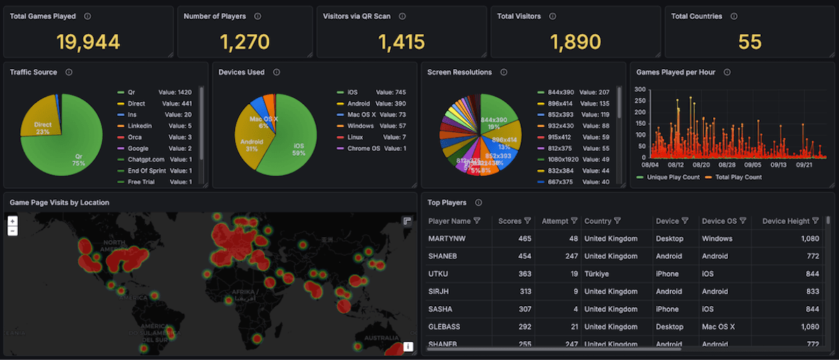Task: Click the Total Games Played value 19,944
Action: (x=88, y=42)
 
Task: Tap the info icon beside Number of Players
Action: (x=258, y=16)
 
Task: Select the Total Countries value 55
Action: (x=750, y=42)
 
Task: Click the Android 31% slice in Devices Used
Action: (x=252, y=143)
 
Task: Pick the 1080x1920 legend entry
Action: (x=564, y=159)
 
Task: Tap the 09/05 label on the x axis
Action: (x=754, y=165)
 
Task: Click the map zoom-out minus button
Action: (x=13, y=231)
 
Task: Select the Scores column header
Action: (x=510, y=221)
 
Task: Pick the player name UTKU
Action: (x=438, y=274)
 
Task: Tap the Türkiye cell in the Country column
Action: (x=599, y=274)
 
